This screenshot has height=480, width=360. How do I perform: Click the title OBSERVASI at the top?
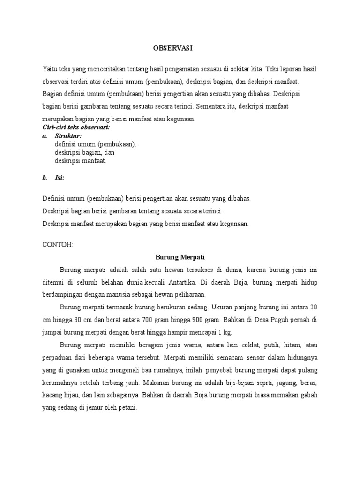coord(173,48)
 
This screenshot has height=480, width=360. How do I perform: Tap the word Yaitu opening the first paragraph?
coord(49,69)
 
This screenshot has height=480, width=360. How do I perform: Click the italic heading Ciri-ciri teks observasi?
coord(76,127)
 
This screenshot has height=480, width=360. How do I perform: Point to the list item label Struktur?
coord(68,136)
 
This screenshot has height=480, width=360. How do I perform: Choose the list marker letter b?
coord(45,178)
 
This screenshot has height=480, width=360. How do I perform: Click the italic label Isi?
coord(60,178)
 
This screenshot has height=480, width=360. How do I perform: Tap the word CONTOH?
coord(58,245)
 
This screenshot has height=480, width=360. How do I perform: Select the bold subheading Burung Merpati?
coord(180,257)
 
